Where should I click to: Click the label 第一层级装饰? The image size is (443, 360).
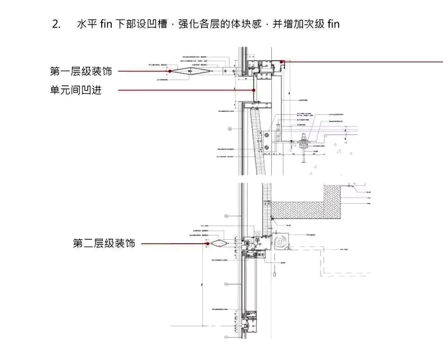click(81, 71)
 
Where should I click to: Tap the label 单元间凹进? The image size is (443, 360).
click(76, 90)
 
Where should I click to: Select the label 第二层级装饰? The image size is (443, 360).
click(104, 244)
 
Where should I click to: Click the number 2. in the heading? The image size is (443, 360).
click(56, 24)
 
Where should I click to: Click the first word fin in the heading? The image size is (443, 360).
click(106, 24)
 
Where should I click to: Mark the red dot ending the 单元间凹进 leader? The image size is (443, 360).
click(254, 90)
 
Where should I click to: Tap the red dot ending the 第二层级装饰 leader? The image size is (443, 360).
click(207, 244)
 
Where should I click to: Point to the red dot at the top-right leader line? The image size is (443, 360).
click(282, 62)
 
